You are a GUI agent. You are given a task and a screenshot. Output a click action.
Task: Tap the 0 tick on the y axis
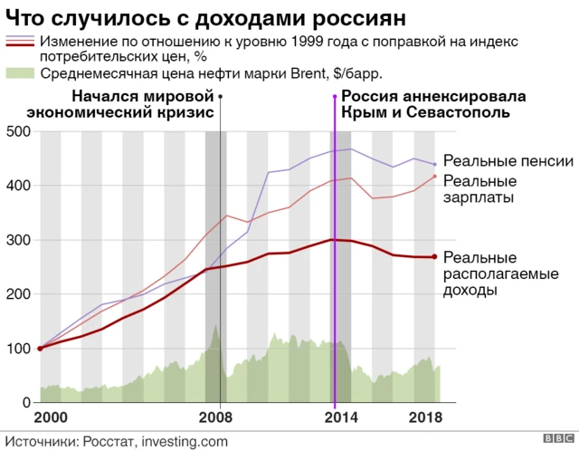pos(27,402)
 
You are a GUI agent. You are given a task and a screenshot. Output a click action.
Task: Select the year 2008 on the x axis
pos(215,418)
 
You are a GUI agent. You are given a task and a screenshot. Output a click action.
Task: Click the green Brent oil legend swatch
pos(20,73)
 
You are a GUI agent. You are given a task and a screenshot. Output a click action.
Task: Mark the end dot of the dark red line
pos(435,257)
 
